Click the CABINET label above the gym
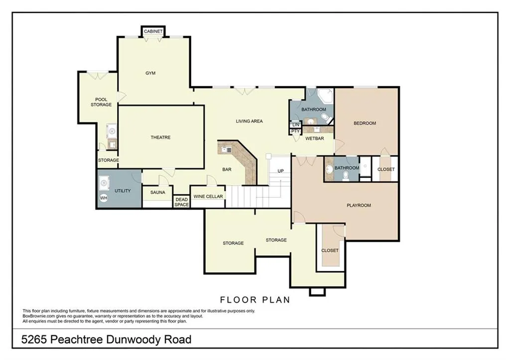coord(153,31)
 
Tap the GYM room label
coord(150,73)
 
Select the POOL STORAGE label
coord(101,102)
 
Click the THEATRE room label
coord(161,137)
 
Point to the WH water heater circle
coord(104,198)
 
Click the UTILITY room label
coord(123,191)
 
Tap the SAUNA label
coord(157,192)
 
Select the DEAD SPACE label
coord(181,202)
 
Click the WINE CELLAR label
coord(208,197)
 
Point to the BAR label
coord(227,170)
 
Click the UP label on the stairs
coord(280,171)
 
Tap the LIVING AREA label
coord(249,121)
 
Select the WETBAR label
coord(315,138)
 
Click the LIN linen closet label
coord(295,124)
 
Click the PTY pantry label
coord(295,131)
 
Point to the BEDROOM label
coord(365,123)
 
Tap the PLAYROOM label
coord(359,205)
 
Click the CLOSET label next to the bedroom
coord(386,169)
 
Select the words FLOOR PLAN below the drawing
coord(255,300)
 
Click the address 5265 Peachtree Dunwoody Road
coord(107,340)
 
